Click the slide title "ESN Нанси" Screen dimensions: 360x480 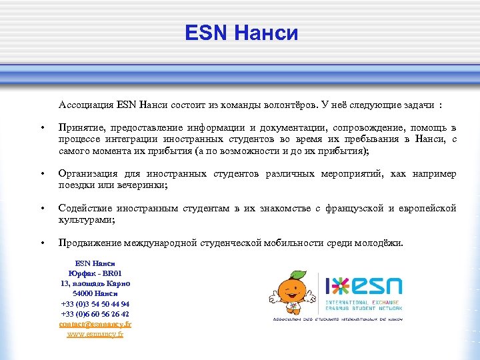[241, 32]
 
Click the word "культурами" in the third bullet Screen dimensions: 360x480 [85, 219]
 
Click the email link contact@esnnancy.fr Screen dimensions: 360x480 [95, 323]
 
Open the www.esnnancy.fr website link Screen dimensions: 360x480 [95, 333]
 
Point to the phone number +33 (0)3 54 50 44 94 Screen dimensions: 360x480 [95, 303]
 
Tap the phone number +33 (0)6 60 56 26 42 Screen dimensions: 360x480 [95, 313]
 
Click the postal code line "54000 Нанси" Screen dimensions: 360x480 [95, 293]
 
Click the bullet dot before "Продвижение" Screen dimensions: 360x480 [43, 243]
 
